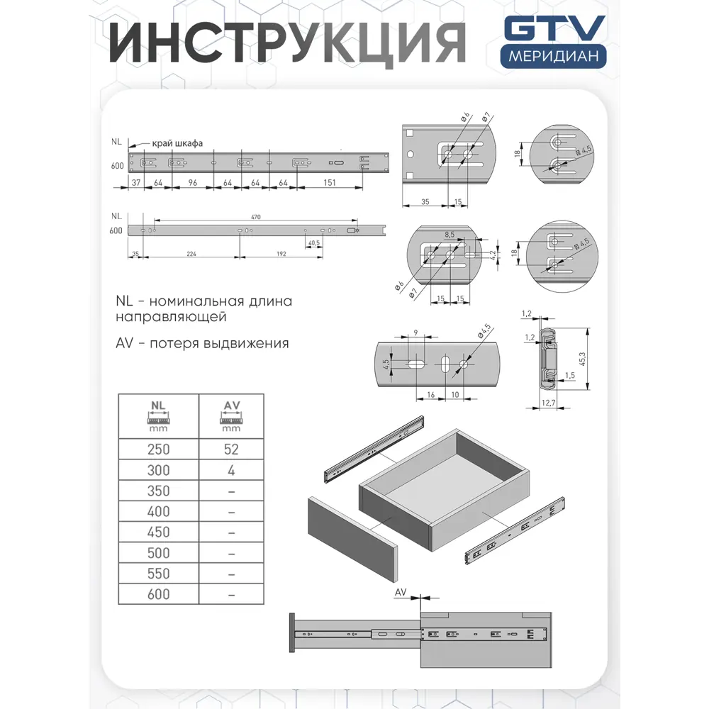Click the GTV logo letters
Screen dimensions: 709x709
click(554, 30)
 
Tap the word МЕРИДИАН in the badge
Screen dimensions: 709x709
click(553, 56)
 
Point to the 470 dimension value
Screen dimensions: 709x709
click(255, 216)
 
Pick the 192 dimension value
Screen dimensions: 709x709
click(281, 253)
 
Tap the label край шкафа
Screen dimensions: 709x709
click(177, 143)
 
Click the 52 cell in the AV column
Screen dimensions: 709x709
click(231, 450)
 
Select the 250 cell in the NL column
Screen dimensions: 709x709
click(158, 450)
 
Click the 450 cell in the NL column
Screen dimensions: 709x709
click(158, 532)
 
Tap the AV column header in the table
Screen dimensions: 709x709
click(231, 415)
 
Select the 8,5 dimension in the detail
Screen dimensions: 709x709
click(449, 233)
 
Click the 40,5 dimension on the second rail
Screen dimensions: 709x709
click(313, 242)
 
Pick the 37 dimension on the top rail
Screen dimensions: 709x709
click(135, 183)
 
